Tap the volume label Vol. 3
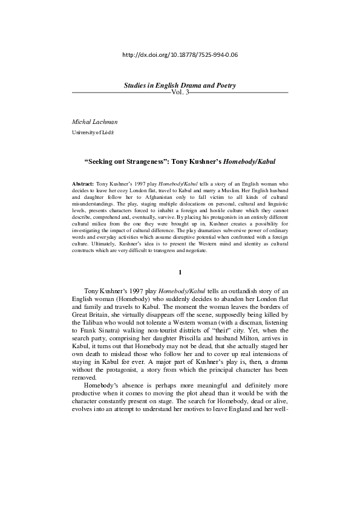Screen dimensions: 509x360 [180, 92]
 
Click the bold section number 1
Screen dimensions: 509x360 [180, 272]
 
